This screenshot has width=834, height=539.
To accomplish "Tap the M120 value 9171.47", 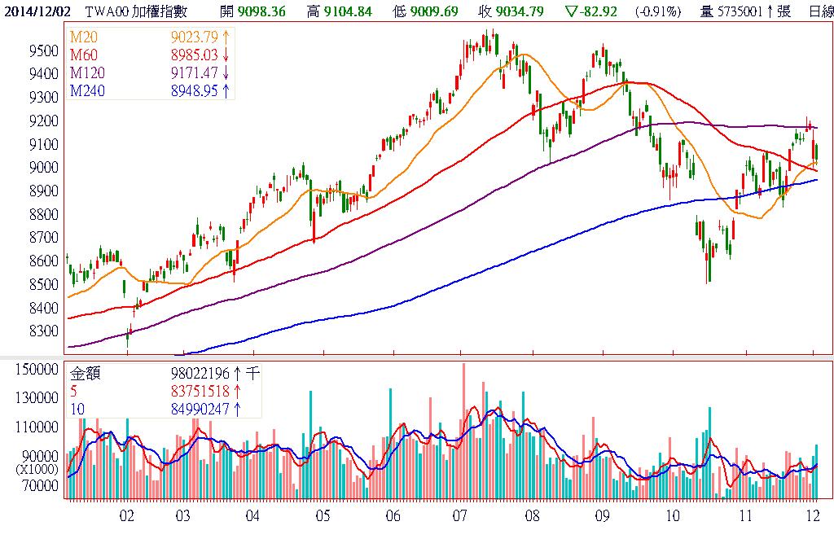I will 194,74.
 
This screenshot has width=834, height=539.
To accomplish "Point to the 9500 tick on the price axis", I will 42,50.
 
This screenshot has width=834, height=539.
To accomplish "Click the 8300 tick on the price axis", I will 42,332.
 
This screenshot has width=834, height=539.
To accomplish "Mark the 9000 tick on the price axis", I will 42,168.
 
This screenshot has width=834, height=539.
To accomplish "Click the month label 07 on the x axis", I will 460,516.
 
